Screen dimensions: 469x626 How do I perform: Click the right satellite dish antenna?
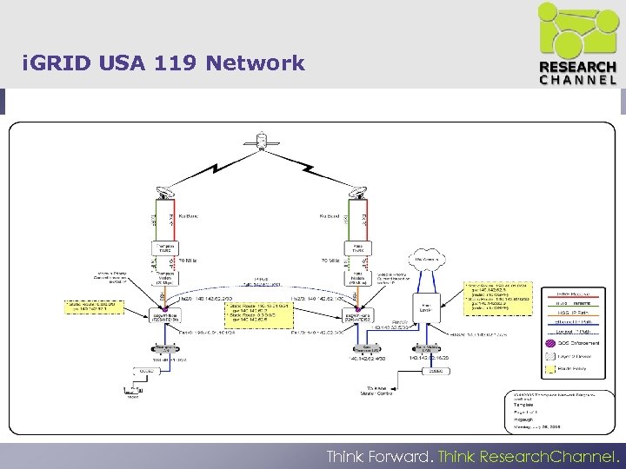tap(359, 194)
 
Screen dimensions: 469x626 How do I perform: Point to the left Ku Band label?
tap(188, 216)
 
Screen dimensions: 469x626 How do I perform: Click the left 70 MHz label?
tap(187, 260)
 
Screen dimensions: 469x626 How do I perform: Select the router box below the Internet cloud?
tap(427, 305)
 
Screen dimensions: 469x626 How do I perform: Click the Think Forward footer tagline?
tap(474, 456)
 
